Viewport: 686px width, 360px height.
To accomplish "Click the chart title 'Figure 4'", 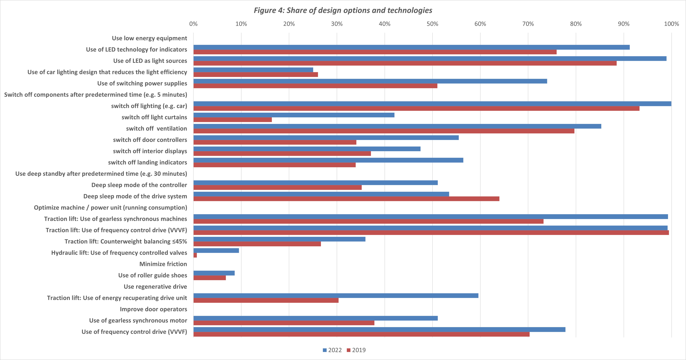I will [343, 10].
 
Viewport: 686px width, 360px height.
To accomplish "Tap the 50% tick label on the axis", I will [432, 24].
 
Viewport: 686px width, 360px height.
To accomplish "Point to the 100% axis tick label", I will [671, 24].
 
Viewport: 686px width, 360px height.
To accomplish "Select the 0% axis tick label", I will [193, 24].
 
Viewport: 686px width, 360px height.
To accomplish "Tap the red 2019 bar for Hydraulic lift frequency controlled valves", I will [195, 255].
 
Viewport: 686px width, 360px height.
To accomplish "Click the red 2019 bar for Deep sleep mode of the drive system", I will [346, 199].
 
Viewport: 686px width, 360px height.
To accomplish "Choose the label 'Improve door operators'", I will [153, 309].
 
